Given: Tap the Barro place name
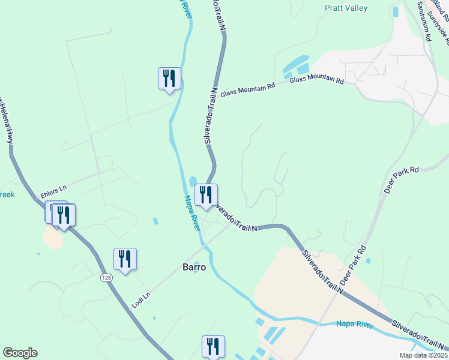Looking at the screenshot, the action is click(194, 268).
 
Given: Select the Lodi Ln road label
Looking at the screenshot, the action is click(142, 298).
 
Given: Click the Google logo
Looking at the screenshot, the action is click(20, 353).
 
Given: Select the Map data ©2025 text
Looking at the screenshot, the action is click(425, 355).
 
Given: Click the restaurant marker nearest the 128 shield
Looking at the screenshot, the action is click(125, 259).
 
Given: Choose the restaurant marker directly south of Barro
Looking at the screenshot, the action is click(213, 346).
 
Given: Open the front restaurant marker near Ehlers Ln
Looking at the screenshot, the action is click(64, 215).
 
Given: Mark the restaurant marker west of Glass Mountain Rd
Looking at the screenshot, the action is click(169, 78).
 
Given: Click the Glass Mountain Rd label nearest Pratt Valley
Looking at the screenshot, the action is click(316, 80).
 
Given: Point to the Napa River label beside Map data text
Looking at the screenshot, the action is click(354, 325).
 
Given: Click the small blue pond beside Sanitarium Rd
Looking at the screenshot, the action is click(395, 11).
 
